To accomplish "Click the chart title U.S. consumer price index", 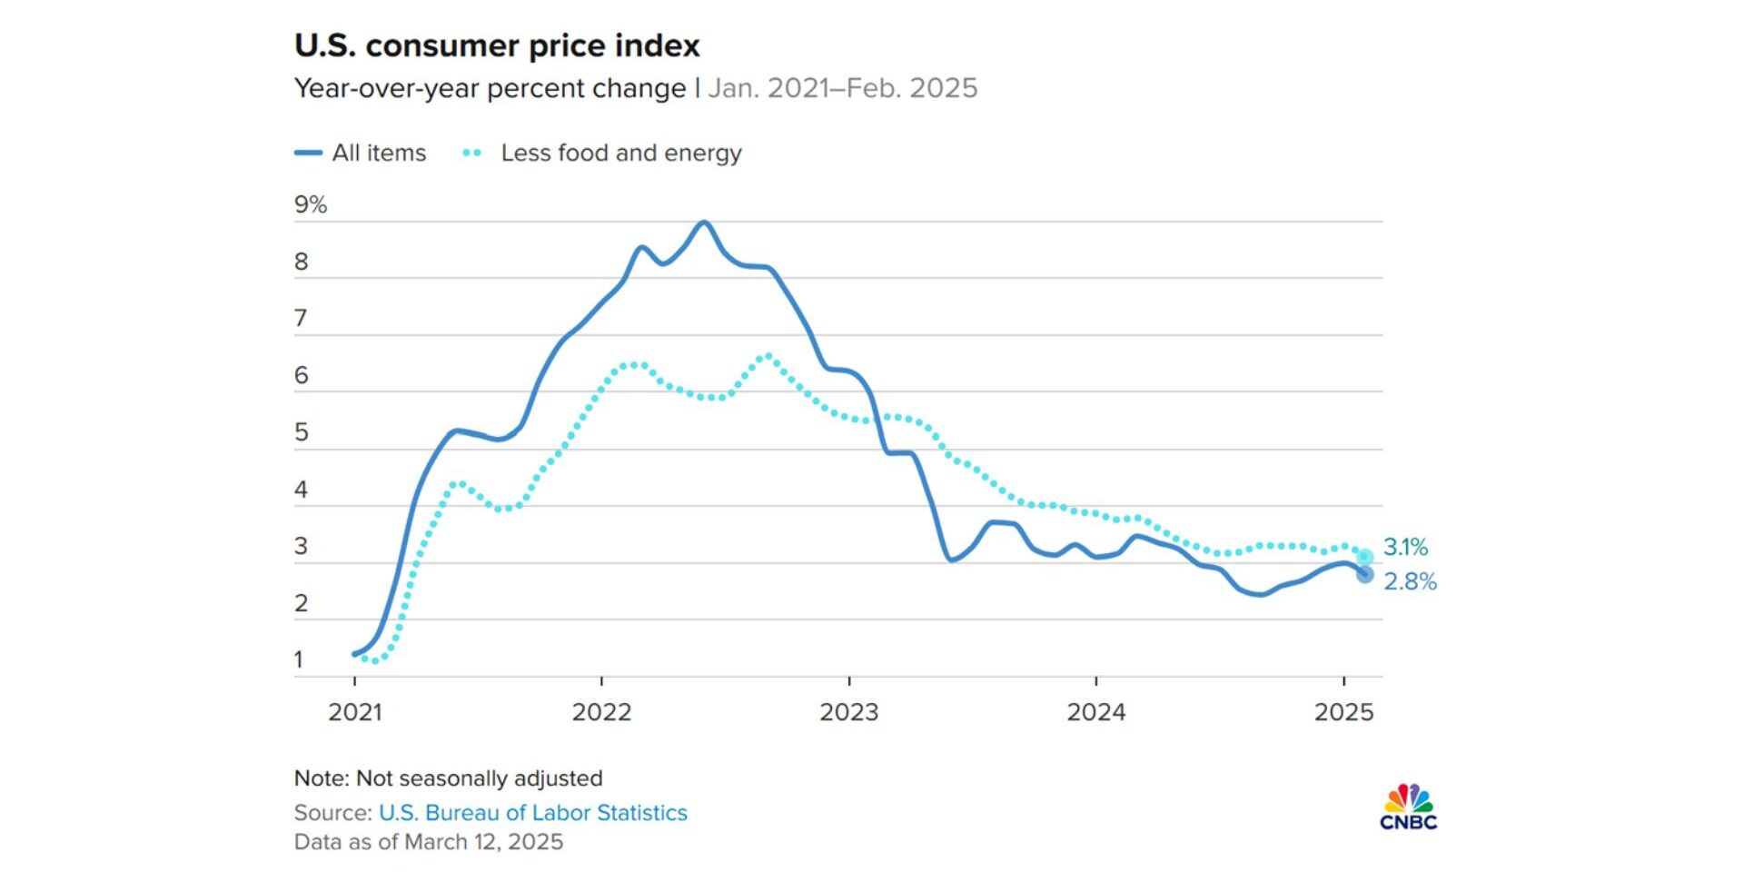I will pos(497,45).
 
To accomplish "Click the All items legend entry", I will pos(361,153).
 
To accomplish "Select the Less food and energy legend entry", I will pos(603,153).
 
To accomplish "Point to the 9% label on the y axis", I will pos(310,204).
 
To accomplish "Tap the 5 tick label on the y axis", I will pos(302,432).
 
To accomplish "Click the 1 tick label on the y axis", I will pos(299,660).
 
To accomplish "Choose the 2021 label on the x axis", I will pos(354,711).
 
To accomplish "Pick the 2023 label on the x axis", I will pos(848,711).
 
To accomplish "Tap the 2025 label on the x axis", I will pos(1343,711).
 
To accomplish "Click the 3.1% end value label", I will pos(1405,547).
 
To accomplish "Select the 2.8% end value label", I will pos(1410,581).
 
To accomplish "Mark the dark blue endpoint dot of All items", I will pos(1364,574).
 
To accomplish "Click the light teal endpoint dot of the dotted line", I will pos(1364,557).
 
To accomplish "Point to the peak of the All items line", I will pos(704,223).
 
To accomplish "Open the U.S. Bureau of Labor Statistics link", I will pos(532,812).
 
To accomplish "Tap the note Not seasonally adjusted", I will pos(448,778).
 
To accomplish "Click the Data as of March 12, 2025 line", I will pos(428,842).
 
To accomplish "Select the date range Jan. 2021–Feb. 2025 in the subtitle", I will pos(842,88).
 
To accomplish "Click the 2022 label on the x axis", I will pos(601,711).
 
